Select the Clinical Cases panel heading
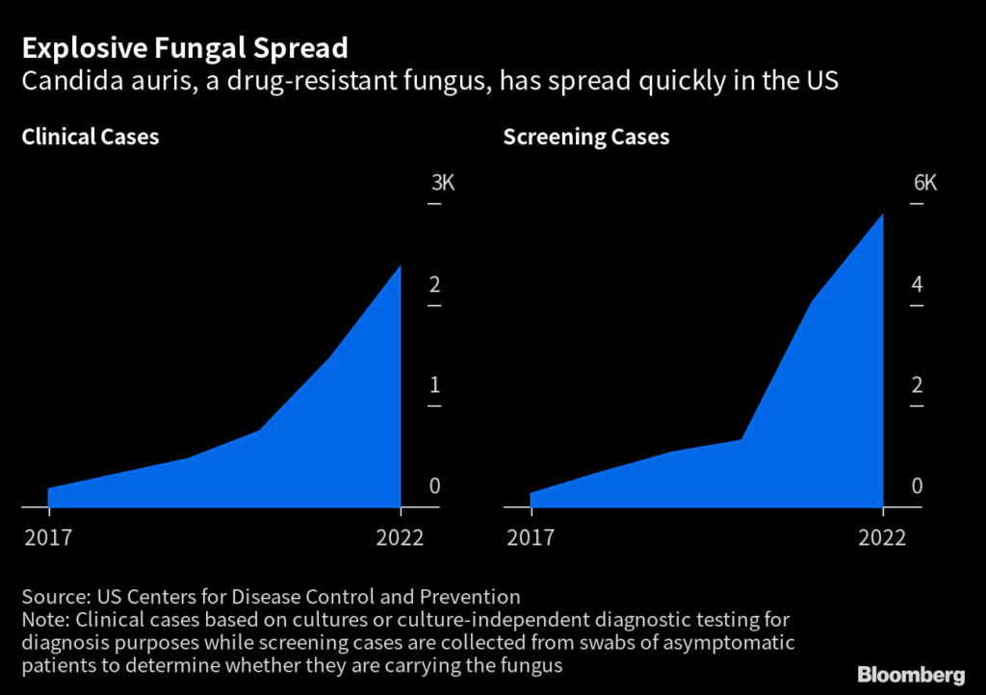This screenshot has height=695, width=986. click(91, 137)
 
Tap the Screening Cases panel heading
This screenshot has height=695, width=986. click(585, 137)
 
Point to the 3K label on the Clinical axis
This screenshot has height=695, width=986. click(441, 184)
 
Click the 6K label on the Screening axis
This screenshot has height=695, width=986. click(923, 184)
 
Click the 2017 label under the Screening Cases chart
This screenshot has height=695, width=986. click(530, 537)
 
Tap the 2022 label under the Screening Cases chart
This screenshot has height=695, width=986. click(882, 537)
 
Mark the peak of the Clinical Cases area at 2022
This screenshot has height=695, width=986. click(400, 266)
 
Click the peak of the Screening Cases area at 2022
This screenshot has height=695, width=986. click(882, 215)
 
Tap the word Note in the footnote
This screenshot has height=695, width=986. click(43, 619)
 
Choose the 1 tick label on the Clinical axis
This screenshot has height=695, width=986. click(434, 385)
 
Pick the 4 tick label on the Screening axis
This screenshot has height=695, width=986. click(917, 285)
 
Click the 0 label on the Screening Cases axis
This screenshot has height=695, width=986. click(917, 486)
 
